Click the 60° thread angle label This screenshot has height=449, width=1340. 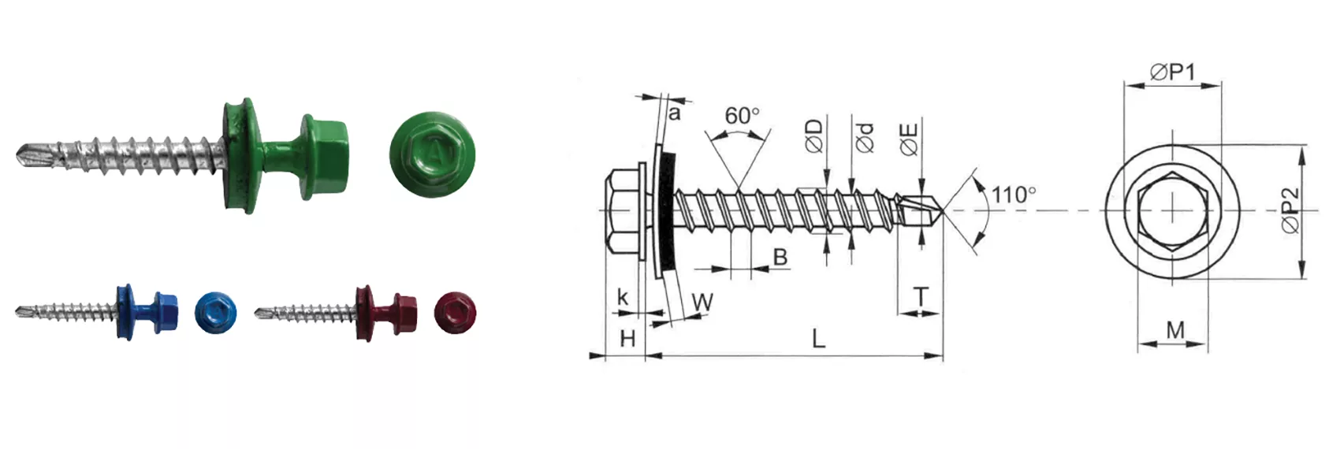(x=742, y=115)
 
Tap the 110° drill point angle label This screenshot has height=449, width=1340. (x=1014, y=195)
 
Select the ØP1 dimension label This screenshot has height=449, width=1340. (x=1173, y=72)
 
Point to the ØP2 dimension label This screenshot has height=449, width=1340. (x=1290, y=210)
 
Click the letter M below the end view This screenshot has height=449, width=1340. (x=1175, y=329)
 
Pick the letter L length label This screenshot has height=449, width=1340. (x=818, y=339)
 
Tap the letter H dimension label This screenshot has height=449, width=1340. (x=627, y=339)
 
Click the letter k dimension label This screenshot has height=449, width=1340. (x=623, y=296)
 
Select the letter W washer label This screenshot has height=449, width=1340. (x=702, y=302)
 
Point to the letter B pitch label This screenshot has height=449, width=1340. (x=780, y=257)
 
